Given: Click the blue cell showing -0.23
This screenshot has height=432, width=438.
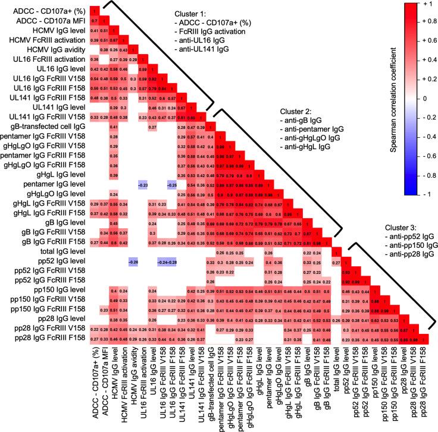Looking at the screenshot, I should click(142, 184).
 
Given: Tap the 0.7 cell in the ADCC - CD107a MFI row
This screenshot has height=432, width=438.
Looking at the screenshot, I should click(94, 21).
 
